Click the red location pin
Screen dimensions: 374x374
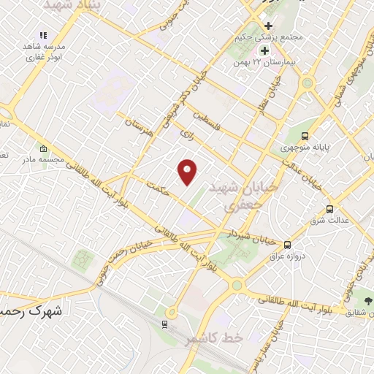pyautogui.click(x=188, y=172)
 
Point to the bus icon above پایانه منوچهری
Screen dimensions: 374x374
pyautogui.click(x=305, y=135)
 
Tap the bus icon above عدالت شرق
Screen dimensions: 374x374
pyautogui.click(x=330, y=209)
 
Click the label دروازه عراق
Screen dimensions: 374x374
pyautogui.click(x=287, y=256)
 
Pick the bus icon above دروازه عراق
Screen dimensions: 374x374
pyautogui.click(x=288, y=245)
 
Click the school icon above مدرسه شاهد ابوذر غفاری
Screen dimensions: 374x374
pyautogui.click(x=43, y=34)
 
